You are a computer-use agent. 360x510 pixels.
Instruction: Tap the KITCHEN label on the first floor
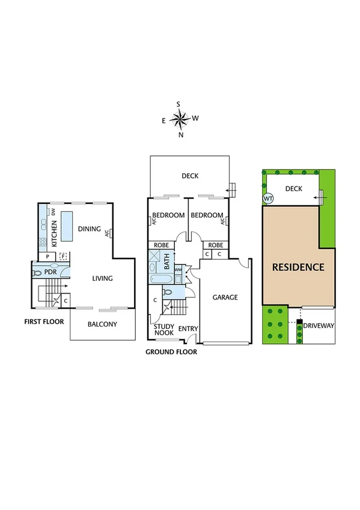click(x=55, y=233)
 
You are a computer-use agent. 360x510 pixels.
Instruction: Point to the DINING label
click(x=90, y=229)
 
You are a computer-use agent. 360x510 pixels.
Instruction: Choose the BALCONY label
click(x=102, y=324)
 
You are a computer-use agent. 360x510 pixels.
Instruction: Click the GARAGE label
click(x=224, y=297)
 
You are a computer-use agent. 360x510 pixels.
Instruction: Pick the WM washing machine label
click(x=178, y=270)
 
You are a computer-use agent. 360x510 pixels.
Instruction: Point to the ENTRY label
click(x=188, y=328)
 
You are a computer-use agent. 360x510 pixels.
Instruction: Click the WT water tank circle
click(x=267, y=199)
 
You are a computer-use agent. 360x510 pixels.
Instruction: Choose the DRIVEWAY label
click(x=319, y=326)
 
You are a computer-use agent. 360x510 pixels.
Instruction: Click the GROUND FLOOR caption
click(x=171, y=352)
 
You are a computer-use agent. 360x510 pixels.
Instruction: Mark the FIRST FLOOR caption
click(x=44, y=322)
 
